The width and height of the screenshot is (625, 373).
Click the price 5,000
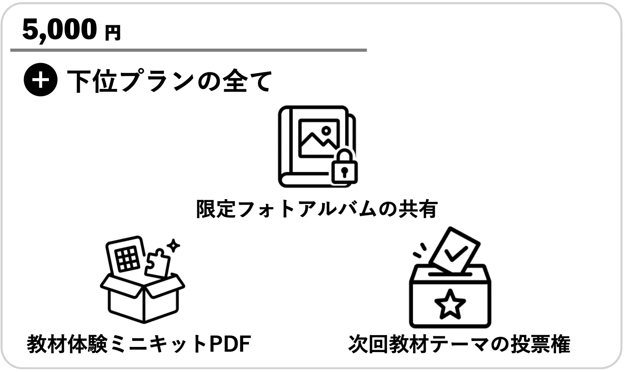[x=59, y=30]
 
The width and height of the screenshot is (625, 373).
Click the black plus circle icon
[x=40, y=80]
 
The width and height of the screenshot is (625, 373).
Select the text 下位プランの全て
[x=170, y=81]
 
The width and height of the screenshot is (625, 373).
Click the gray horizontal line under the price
[x=188, y=50]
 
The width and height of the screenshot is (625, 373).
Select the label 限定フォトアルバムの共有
[x=317, y=209]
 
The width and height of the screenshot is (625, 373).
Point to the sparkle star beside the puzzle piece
[x=173, y=245]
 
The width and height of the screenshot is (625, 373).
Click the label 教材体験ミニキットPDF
[x=139, y=344]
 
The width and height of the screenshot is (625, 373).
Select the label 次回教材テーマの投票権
[x=459, y=344]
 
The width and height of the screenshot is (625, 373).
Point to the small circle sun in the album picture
[x=326, y=130]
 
